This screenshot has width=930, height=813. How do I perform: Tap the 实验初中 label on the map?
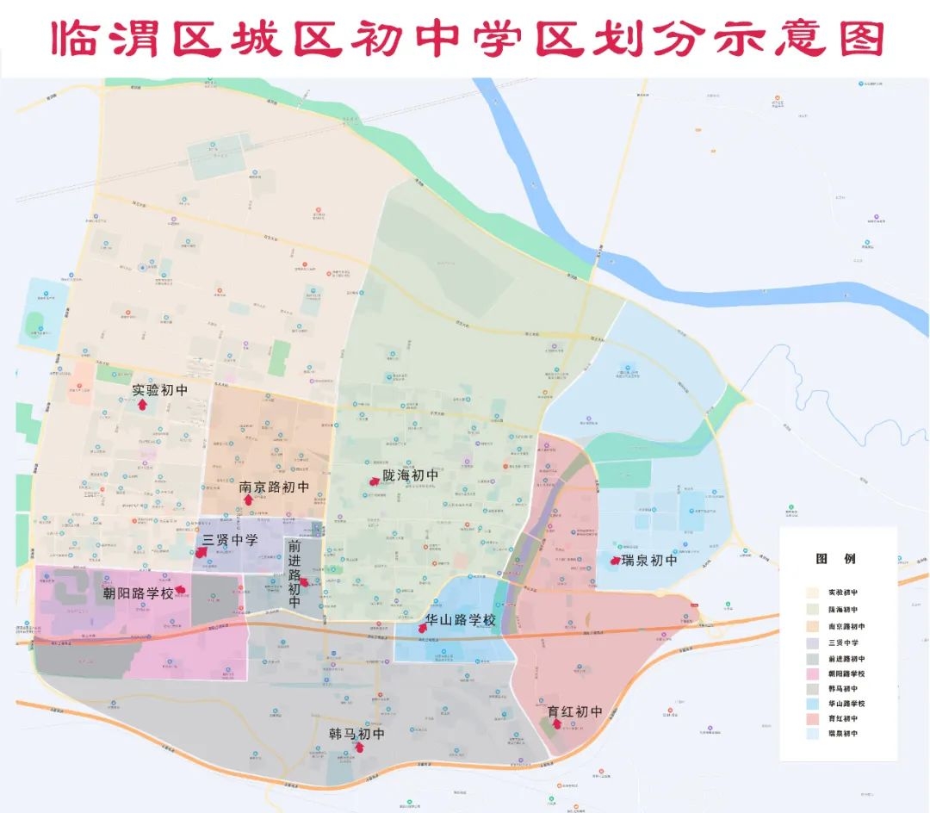(x=160, y=390)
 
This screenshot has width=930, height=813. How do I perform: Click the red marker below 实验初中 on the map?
(x=143, y=403)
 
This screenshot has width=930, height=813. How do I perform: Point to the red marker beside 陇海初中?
(x=374, y=481)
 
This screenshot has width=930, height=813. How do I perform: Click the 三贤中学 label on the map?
(x=230, y=541)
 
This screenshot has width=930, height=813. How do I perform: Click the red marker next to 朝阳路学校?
(x=181, y=590)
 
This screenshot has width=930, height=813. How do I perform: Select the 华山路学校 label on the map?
(x=461, y=619)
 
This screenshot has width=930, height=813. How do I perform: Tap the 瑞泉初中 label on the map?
(x=649, y=561)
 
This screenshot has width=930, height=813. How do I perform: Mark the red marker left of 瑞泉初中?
(x=615, y=561)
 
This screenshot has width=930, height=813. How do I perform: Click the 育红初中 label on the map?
(x=574, y=711)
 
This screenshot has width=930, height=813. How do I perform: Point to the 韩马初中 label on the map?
(x=356, y=734)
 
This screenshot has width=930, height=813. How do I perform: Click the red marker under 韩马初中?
(x=359, y=747)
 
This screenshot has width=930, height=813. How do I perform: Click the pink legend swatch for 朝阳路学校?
(x=812, y=671)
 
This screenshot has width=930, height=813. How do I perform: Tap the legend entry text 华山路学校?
(x=847, y=703)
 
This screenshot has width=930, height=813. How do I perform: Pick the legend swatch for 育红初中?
(x=812, y=718)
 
